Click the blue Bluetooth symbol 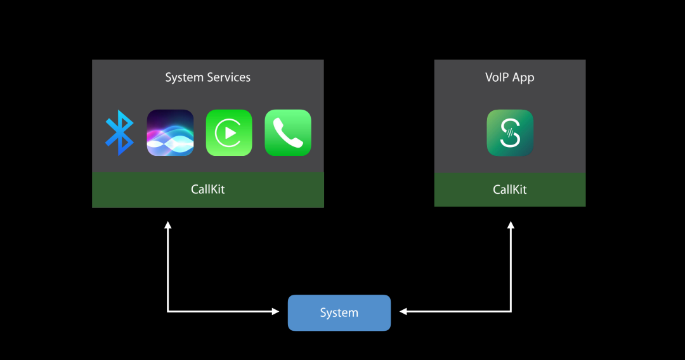[x=119, y=132]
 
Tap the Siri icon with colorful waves [x=170, y=132]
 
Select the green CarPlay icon [x=229, y=132]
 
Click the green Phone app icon [x=288, y=132]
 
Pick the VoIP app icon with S [x=510, y=132]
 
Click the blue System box [x=339, y=312]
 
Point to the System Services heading [x=207, y=77]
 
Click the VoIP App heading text [x=510, y=77]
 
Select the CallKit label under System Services [x=207, y=190]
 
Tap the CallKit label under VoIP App [x=510, y=190]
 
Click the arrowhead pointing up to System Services [x=168, y=224]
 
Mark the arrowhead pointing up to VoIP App [x=511, y=224]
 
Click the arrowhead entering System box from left [x=275, y=311]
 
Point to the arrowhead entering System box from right [x=403, y=311]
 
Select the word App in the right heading [x=523, y=77]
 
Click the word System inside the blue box [x=339, y=313]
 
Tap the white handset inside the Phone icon [x=288, y=132]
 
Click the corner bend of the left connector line [x=168, y=311]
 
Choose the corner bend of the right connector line [x=511, y=311]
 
